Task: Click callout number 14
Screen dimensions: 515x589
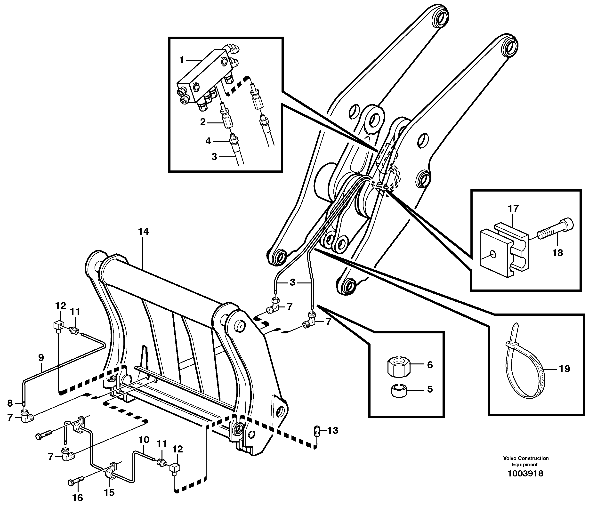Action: coord(144,231)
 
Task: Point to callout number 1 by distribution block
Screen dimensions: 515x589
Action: coord(181,60)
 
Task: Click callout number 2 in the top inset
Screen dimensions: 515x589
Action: coord(203,122)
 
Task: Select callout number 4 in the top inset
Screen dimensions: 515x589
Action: coord(208,141)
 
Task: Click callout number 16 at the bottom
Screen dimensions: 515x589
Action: coord(78,498)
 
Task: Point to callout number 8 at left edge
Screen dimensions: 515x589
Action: coord(10,403)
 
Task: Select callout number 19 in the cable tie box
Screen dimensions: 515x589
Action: coord(564,369)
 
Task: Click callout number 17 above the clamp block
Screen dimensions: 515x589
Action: coord(513,208)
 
